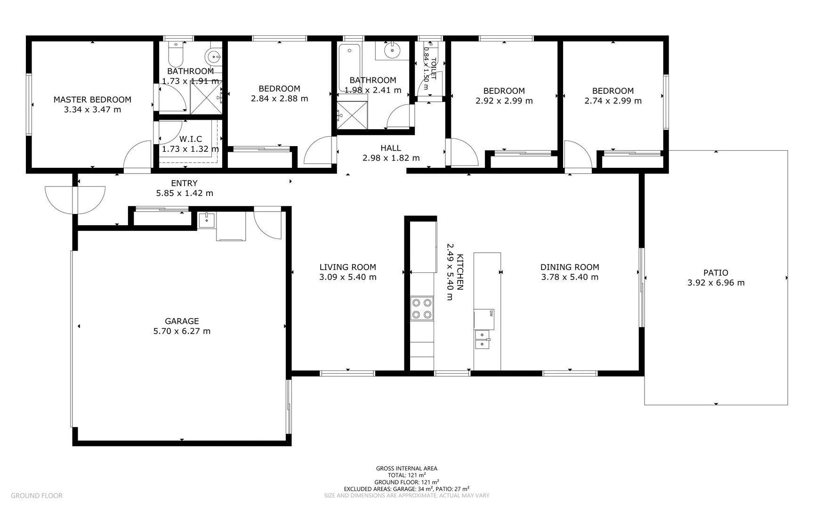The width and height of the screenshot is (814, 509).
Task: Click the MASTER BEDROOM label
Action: coord(92,99)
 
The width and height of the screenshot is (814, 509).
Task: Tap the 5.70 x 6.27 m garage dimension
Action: coord(182,331)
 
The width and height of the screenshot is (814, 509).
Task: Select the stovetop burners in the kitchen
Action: coord(421,308)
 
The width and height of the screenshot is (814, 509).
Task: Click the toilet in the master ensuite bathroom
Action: coord(176,55)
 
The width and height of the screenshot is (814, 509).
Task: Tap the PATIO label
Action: coord(716,272)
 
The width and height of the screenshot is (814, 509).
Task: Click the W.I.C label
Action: coord(191,139)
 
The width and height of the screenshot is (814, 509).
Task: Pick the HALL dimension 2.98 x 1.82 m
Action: coord(391,158)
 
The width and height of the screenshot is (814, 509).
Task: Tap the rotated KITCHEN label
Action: coord(460,272)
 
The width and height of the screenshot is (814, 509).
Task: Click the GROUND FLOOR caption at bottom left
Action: coord(36,496)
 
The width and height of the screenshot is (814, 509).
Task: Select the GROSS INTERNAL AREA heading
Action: coord(406,468)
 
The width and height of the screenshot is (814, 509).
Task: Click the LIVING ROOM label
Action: coord(347,267)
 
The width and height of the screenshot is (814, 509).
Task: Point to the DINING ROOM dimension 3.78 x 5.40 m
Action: coord(570,277)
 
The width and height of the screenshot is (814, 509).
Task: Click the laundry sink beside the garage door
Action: coord(206,220)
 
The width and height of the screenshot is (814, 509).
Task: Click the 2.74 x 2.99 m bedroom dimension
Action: coord(613,101)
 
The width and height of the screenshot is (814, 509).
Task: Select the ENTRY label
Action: coord(184,183)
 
